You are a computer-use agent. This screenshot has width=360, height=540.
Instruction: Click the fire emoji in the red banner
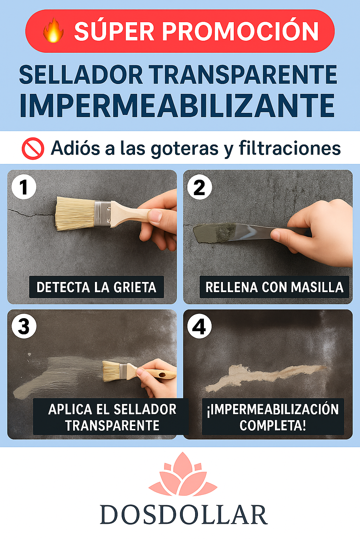[x=53, y=31]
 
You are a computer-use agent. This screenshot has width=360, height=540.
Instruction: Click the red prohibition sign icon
[x=33, y=148]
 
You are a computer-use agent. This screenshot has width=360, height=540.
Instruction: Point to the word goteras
[x=185, y=148]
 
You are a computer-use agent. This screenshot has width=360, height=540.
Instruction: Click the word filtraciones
[x=290, y=148]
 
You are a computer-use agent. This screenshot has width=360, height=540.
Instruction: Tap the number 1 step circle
[x=24, y=187]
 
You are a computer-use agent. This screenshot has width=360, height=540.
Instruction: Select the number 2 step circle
[x=199, y=187]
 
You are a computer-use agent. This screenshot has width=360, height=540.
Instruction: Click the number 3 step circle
[x=24, y=327]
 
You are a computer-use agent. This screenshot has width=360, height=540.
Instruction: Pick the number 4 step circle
[x=199, y=327]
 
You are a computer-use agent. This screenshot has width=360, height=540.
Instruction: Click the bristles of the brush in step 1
[x=75, y=213]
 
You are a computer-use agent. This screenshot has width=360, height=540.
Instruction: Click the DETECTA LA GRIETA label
[x=96, y=287]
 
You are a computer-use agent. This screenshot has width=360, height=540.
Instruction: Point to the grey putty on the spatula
[x=214, y=232]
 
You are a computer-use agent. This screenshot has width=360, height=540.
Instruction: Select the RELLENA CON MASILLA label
[x=274, y=287]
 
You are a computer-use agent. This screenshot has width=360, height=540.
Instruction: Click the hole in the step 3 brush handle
[x=162, y=375]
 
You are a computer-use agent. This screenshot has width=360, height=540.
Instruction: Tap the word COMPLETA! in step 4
[x=273, y=425]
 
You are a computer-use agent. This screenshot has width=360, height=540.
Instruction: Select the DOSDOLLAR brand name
[x=184, y=515]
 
